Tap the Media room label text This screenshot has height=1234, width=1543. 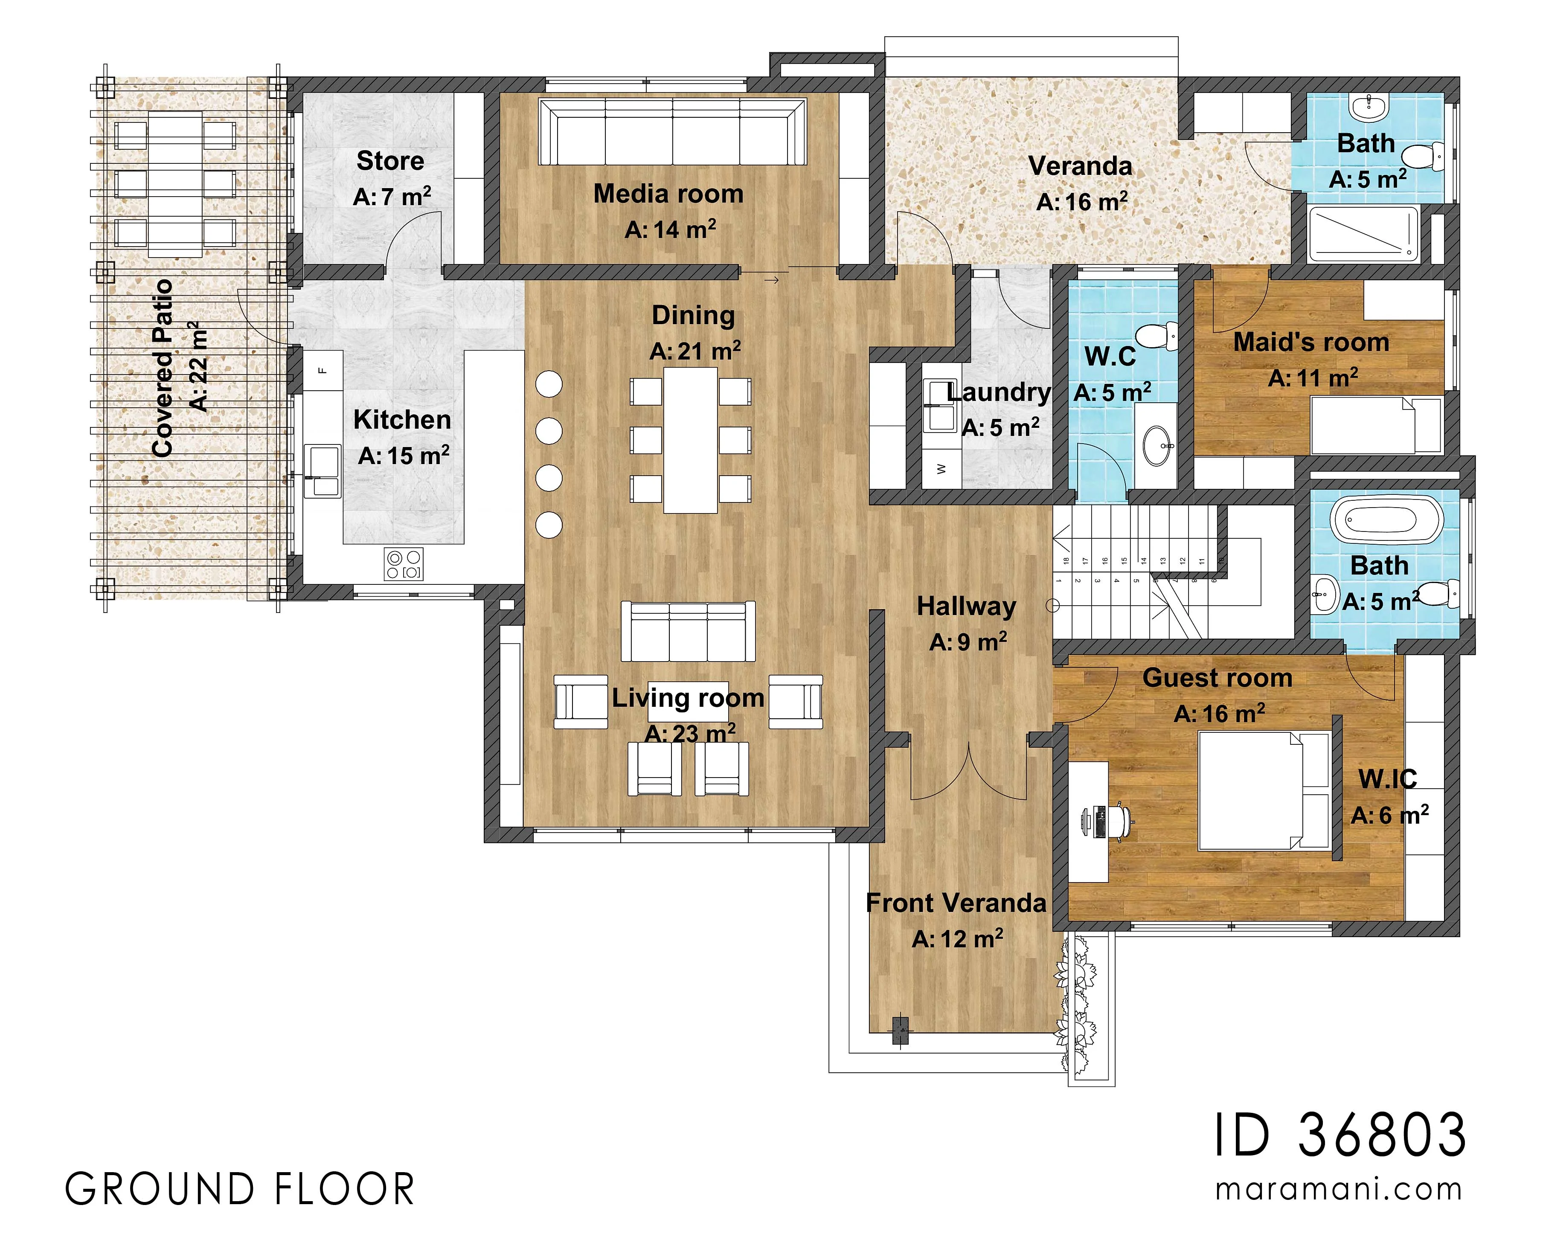(668, 194)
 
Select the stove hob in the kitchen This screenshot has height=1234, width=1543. (404, 564)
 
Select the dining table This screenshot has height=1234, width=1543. (691, 440)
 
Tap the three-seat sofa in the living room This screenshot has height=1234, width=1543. (688, 631)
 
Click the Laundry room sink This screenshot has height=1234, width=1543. (940, 406)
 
